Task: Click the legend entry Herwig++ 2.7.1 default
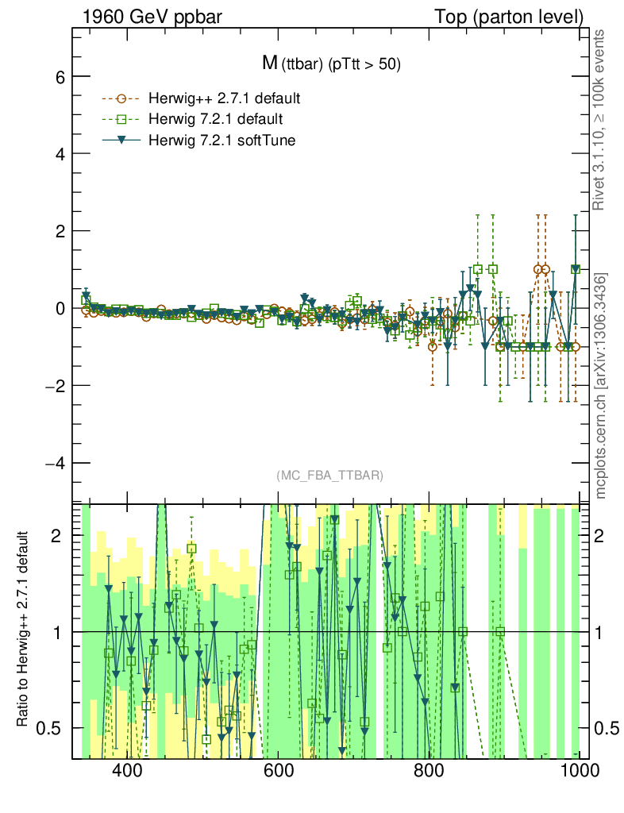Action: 224,99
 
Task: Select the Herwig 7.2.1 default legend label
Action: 215,119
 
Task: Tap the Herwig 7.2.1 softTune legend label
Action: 218,140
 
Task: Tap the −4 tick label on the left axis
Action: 53,462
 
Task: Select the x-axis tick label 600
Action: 278,770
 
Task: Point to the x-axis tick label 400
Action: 127,770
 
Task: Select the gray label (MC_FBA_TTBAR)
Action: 330,476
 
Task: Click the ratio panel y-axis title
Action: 25,629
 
